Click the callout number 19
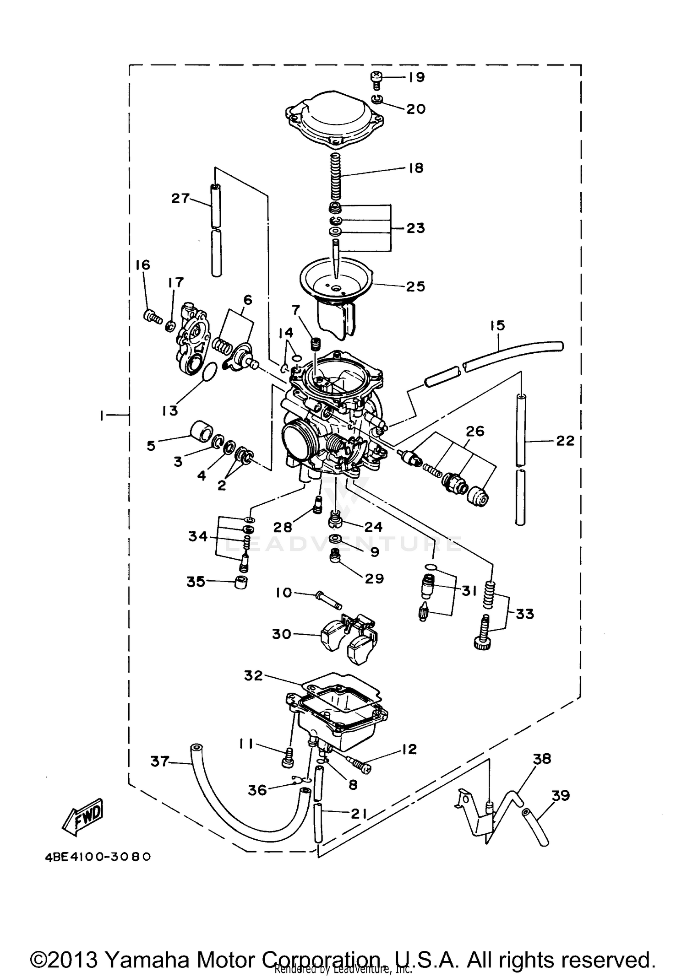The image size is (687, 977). [417, 77]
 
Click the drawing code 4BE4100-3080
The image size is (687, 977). [98, 856]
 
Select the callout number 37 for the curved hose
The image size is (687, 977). [160, 761]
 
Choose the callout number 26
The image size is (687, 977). [475, 431]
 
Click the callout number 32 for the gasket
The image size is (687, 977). [253, 675]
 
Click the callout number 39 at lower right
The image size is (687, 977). [561, 795]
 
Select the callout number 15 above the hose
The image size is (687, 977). [497, 325]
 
